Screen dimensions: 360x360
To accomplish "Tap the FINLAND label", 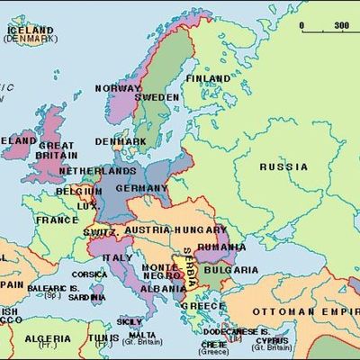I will [207, 78].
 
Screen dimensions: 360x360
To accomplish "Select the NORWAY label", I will [117, 88].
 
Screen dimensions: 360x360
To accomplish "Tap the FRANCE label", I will [57, 219].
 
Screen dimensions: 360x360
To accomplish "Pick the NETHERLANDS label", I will [98, 170].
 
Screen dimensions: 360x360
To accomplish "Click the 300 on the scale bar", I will [342, 25].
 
